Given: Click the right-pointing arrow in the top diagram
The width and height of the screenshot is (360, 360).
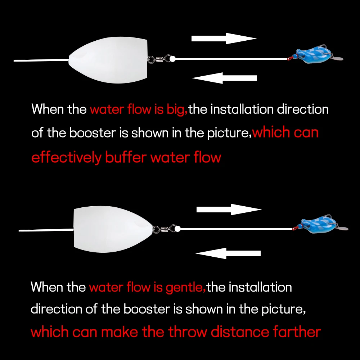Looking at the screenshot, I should click(223, 39).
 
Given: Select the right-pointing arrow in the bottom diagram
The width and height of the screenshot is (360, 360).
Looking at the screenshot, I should click(228, 210).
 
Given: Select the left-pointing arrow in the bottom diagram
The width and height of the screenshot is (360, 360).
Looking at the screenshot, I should click(228, 253).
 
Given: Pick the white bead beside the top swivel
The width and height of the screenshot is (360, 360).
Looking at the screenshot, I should click(172, 58).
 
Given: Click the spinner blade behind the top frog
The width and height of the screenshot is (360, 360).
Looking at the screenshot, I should click(338, 58).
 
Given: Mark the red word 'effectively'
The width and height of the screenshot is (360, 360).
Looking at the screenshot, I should click(67, 158).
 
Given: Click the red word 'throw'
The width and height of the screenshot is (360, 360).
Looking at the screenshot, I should click(188, 332).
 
